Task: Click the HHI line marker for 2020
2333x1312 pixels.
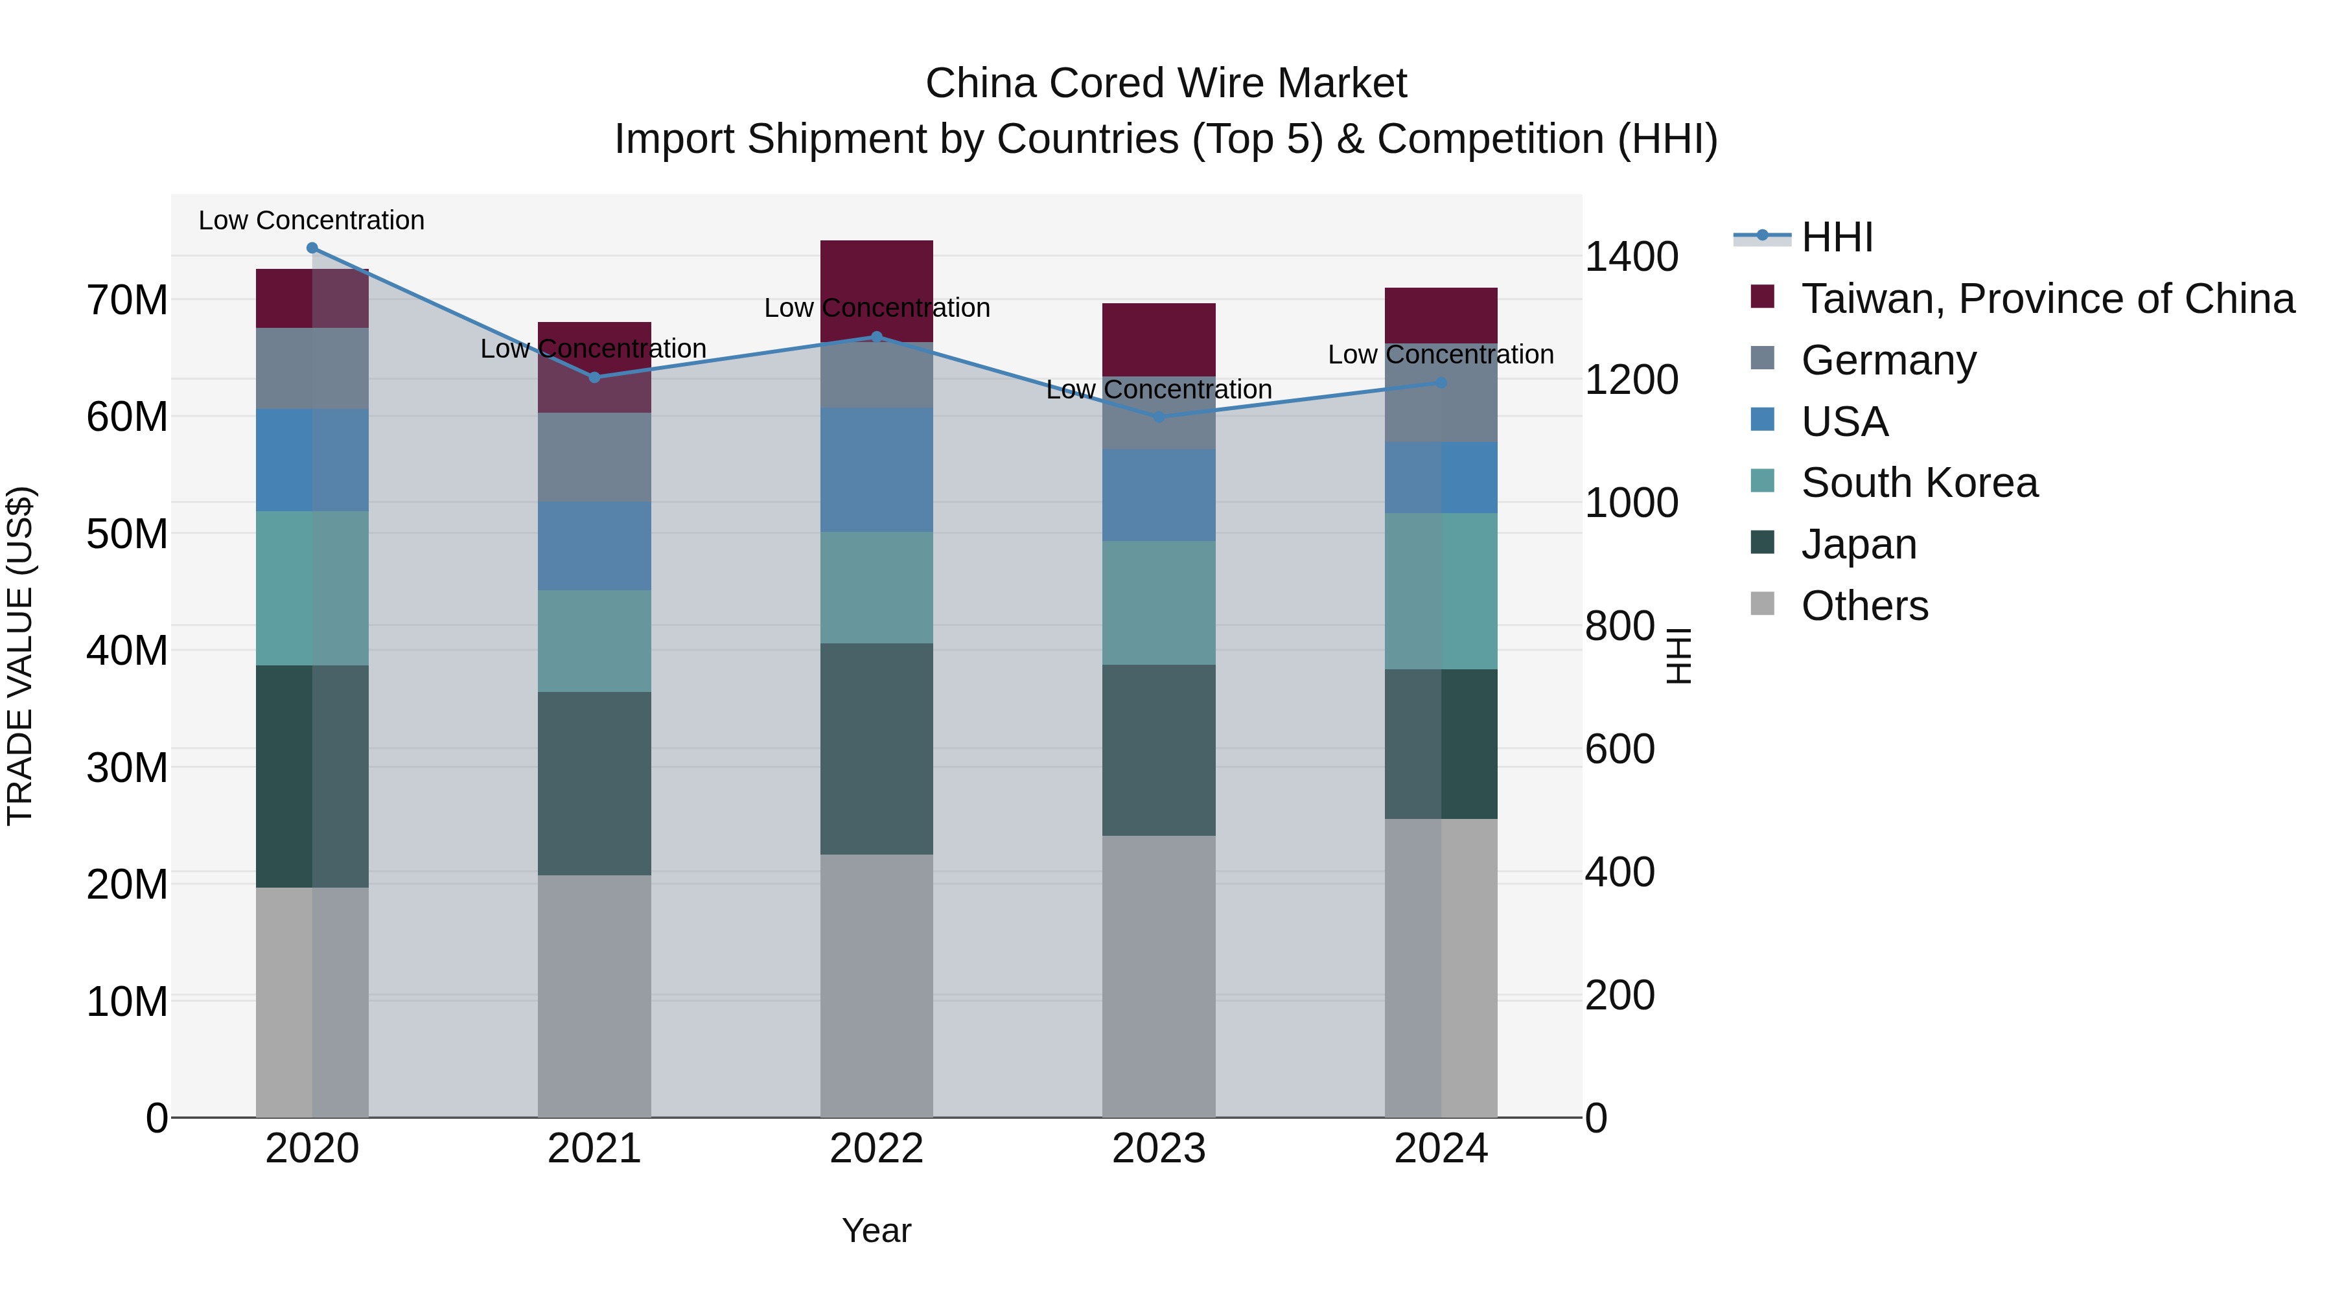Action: (x=312, y=248)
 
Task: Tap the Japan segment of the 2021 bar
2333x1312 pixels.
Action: (x=594, y=783)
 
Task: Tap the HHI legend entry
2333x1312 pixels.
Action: (x=1837, y=237)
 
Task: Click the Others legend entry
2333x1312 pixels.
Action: (x=1864, y=606)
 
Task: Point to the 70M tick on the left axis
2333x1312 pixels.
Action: (x=127, y=300)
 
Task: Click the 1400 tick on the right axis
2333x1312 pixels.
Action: (x=1631, y=257)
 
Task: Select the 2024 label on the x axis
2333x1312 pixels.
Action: (x=1440, y=1149)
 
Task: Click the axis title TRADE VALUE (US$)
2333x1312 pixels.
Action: (x=20, y=656)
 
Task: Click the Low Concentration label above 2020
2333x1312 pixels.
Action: (x=312, y=220)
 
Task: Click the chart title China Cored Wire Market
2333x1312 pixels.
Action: (x=1166, y=84)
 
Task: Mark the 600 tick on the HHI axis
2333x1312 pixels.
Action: (x=1619, y=749)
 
